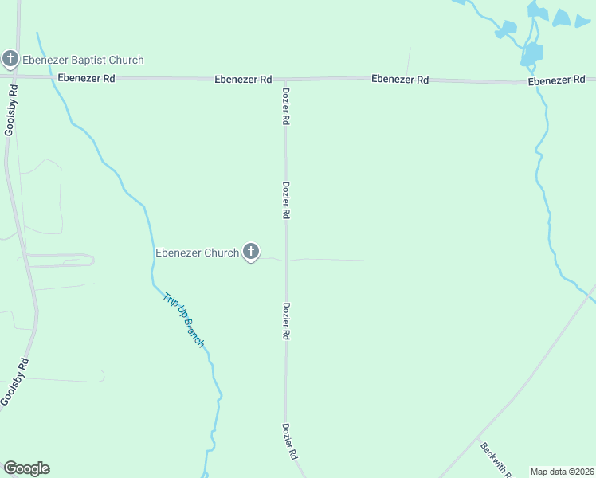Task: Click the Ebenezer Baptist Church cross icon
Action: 10,58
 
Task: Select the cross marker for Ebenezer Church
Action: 250,253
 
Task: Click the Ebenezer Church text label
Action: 197,253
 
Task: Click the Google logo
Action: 26,468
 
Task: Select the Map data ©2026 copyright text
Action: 562,472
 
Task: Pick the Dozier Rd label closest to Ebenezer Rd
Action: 285,106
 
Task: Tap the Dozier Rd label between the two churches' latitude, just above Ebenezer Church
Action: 285,201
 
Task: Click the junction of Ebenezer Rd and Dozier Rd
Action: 285,79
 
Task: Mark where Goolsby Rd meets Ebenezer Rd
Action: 16,76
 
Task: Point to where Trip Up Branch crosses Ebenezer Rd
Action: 53,77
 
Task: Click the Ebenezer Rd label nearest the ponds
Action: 556,81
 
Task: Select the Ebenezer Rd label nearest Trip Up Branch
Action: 86,79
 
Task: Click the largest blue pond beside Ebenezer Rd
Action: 531,54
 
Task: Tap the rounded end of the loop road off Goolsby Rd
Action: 92,260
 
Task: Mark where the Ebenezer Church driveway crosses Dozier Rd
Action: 286,260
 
